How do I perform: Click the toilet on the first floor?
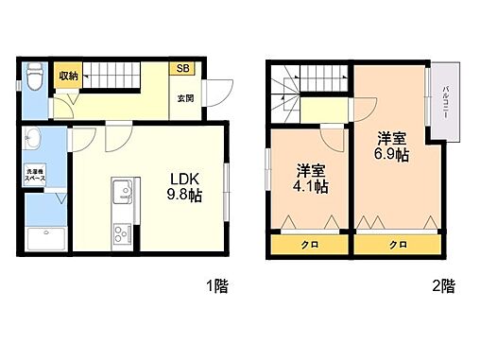click(33, 76)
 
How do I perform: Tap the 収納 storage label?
click(67, 76)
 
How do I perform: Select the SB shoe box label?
click(181, 68)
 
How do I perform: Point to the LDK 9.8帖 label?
click(183, 186)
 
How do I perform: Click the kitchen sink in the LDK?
click(121, 196)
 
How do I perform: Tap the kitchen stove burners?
click(121, 231)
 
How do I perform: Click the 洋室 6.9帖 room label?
click(389, 144)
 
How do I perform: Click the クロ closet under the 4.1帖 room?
click(310, 245)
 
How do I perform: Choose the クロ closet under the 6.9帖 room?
click(397, 245)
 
